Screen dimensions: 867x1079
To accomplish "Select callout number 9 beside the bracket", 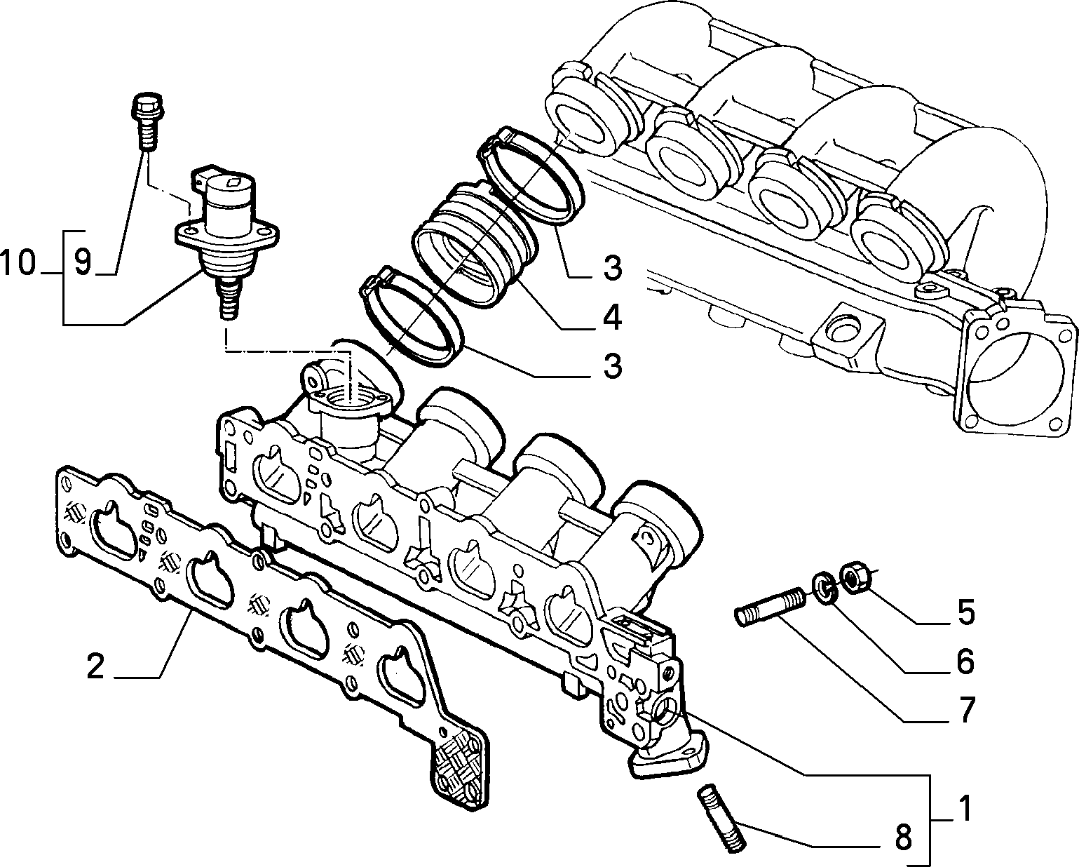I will click(83, 264).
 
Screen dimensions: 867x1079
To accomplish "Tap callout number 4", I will click(611, 318).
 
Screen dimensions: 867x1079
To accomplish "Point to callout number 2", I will click(95, 666).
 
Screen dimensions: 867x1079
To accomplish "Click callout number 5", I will click(965, 612).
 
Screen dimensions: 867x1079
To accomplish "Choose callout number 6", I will click(965, 661).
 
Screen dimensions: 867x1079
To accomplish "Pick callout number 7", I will click(965, 711).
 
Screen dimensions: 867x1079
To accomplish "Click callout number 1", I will click(965, 809).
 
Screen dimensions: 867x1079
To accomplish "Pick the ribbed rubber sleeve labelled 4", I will click(477, 246).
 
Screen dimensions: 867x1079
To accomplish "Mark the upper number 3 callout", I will click(611, 268).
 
